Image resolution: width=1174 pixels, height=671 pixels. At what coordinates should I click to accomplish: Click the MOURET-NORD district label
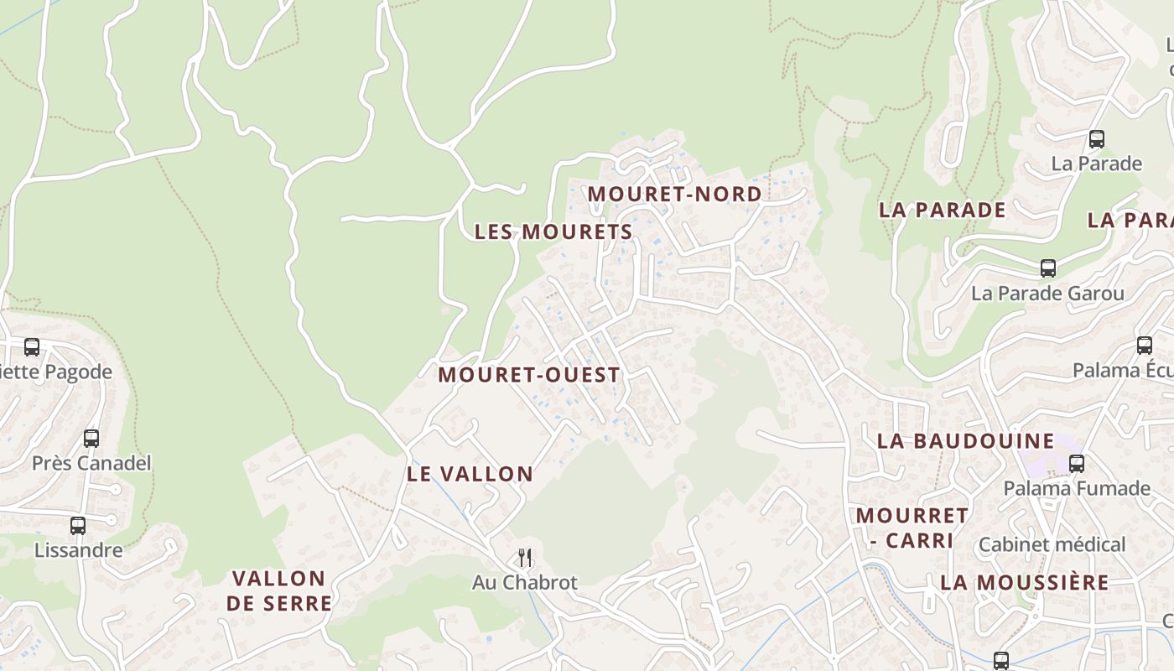point(674,194)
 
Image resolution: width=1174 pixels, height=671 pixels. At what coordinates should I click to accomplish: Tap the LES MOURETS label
point(553,231)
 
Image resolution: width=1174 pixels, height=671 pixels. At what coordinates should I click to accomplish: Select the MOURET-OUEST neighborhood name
point(529,375)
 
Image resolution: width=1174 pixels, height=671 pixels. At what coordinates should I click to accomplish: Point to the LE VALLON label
point(470,474)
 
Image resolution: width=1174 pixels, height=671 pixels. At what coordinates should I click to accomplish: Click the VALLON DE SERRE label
point(278,590)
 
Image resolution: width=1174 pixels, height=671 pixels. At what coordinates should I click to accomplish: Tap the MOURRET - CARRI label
point(912,528)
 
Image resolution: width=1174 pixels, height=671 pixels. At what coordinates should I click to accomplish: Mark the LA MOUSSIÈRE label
point(1025,582)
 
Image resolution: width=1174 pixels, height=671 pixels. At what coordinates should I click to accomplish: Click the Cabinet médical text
point(1052,544)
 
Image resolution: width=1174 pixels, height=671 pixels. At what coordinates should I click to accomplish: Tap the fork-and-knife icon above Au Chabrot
point(525,557)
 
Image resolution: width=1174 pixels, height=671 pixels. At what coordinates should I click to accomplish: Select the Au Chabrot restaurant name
point(525,582)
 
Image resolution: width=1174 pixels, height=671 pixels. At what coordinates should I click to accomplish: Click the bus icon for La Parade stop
point(1096,139)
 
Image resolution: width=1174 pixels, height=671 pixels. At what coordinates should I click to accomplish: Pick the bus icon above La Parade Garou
point(1047,268)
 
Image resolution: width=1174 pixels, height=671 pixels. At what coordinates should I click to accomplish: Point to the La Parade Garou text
point(1047,294)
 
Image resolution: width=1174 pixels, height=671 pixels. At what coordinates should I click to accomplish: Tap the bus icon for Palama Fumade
point(1077,463)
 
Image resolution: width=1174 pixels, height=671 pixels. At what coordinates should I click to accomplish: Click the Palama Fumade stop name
point(1077,488)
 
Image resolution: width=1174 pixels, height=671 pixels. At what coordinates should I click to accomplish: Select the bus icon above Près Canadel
point(91,438)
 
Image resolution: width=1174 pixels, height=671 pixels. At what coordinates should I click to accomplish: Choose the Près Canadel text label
point(91,463)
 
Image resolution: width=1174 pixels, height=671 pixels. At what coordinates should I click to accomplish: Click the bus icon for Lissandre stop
point(78,526)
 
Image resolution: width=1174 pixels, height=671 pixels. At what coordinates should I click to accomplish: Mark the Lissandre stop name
point(78,551)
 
